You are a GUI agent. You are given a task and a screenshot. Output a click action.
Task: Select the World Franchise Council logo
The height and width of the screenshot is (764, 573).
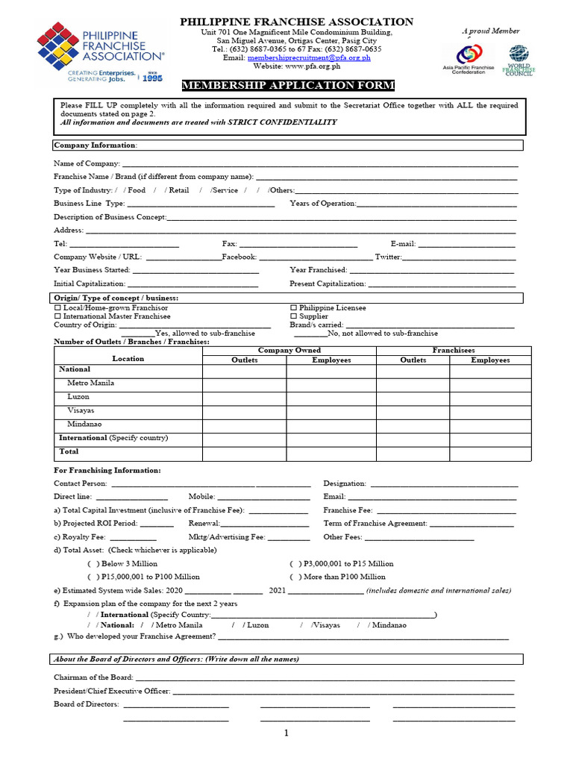(x=519, y=60)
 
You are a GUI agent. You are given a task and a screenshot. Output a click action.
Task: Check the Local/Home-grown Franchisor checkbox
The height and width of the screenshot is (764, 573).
(x=57, y=308)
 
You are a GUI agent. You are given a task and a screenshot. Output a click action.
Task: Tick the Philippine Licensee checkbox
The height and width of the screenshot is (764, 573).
(x=293, y=308)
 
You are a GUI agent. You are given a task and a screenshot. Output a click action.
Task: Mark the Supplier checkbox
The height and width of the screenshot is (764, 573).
(x=293, y=316)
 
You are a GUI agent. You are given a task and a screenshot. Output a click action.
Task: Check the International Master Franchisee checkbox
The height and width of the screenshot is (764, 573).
(x=57, y=316)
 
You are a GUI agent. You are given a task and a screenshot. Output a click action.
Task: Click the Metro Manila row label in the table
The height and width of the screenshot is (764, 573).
(x=90, y=383)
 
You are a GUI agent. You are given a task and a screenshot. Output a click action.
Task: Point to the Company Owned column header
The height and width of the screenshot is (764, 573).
(x=289, y=350)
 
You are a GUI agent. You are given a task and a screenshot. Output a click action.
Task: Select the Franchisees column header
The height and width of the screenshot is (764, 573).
(x=453, y=350)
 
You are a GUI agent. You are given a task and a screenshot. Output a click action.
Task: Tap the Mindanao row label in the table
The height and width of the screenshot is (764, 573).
(x=84, y=424)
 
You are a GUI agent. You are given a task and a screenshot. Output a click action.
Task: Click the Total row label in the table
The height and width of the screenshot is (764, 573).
(x=69, y=451)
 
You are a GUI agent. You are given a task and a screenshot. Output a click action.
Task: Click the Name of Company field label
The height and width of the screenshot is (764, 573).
(x=87, y=163)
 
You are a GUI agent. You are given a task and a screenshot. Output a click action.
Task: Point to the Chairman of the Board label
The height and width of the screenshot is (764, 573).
(x=93, y=677)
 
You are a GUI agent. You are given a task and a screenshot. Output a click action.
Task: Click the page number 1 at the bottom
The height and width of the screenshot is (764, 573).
(x=286, y=733)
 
